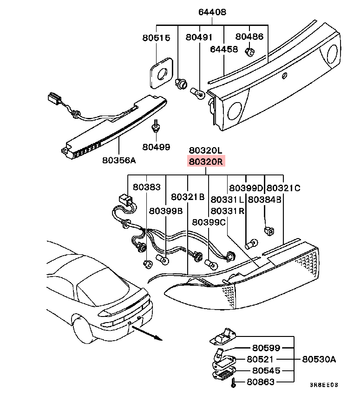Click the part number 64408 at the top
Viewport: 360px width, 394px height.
pyautogui.click(x=213, y=13)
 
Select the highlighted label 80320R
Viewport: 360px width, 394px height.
pyautogui.click(x=206, y=162)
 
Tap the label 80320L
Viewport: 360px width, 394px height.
pyautogui.click(x=206, y=150)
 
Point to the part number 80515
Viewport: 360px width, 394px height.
pyautogui.click(x=156, y=38)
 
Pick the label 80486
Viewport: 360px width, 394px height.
pyautogui.click(x=249, y=37)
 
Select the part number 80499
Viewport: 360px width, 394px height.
pyautogui.click(x=157, y=147)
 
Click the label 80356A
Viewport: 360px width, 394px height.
pyautogui.click(x=119, y=161)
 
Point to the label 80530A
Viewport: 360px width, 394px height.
pyautogui.click(x=319, y=359)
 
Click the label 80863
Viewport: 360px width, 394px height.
pyautogui.click(x=261, y=382)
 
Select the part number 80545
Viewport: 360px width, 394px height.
pyautogui.click(x=267, y=371)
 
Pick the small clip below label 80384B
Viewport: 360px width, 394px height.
pyautogui.click(x=268, y=231)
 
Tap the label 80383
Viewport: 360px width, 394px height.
pyautogui.click(x=147, y=187)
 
